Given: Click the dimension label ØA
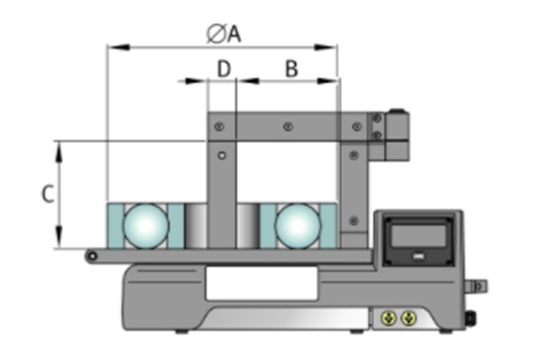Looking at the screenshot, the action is [x=224, y=34].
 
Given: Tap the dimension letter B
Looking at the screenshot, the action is [x=291, y=68].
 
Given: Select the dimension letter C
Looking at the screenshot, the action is [x=47, y=194].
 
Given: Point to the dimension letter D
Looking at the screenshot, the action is [x=224, y=68].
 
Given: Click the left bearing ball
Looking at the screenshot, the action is [x=146, y=225].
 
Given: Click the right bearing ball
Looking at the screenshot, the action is [x=298, y=225].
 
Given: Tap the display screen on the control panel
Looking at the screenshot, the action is [x=418, y=235].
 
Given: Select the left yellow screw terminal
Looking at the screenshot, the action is [x=389, y=317].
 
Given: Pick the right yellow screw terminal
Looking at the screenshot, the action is [x=408, y=317].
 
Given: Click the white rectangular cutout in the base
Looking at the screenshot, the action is [x=261, y=283].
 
